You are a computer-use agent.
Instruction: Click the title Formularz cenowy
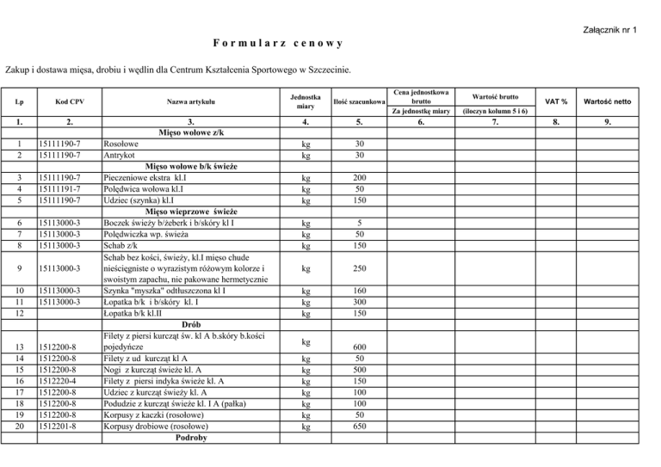click(x=278, y=42)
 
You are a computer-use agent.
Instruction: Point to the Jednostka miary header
click(x=306, y=102)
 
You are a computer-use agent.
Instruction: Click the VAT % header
click(x=564, y=102)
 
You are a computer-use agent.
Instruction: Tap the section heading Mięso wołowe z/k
click(x=190, y=132)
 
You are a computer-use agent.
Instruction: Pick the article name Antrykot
click(x=120, y=155)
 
